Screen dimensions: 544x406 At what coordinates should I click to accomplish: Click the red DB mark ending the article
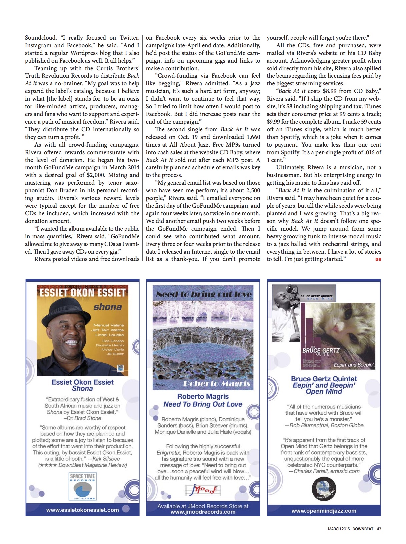(378, 259)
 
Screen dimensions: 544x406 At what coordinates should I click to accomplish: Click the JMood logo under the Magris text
(203, 490)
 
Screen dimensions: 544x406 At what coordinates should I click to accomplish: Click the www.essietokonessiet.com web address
(82, 510)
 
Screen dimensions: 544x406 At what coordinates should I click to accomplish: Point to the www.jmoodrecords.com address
(203, 512)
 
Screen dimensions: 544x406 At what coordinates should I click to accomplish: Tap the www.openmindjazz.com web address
(324, 511)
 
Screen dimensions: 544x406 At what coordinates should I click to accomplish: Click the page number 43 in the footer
(379, 529)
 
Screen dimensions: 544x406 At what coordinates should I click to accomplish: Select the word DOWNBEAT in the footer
(363, 529)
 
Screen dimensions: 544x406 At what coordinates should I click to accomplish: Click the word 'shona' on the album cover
(107, 307)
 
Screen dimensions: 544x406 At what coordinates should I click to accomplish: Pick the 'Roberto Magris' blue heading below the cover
(203, 396)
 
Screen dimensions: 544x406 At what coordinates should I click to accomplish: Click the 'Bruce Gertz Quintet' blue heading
(324, 379)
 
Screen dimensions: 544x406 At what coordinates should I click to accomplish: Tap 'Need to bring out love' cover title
(204, 294)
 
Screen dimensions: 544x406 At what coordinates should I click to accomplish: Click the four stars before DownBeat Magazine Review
(47, 465)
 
